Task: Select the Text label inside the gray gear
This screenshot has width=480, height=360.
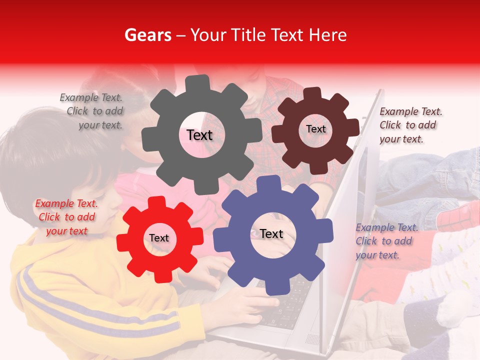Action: tap(199, 135)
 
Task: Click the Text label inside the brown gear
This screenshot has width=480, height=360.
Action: tap(315, 129)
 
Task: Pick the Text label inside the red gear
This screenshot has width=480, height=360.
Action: tap(159, 238)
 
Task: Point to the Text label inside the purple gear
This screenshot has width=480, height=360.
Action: tap(271, 234)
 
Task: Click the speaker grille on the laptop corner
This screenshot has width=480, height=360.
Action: tap(312, 339)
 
